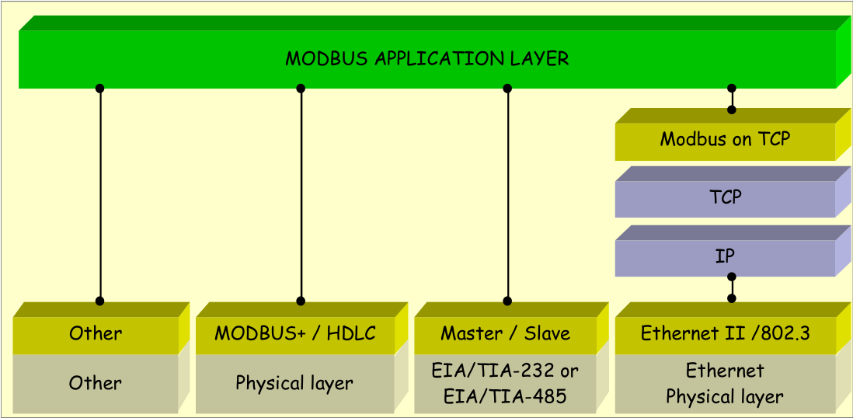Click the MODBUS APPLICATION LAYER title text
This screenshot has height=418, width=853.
point(426,59)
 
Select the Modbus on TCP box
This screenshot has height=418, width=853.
point(725,140)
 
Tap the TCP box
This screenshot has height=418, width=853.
point(725,197)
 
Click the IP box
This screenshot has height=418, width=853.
point(725,256)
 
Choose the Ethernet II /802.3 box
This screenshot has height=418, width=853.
point(725,334)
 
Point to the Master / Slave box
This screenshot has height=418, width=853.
point(505,334)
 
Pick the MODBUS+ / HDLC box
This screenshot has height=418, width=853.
point(294,334)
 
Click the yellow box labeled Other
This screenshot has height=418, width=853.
point(96,334)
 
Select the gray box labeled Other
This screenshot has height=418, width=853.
point(96,383)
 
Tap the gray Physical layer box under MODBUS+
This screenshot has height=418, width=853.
point(294,383)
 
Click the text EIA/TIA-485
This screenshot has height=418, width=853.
point(505,396)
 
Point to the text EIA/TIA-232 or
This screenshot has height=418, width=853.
point(505,370)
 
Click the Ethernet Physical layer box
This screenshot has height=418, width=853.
point(725,384)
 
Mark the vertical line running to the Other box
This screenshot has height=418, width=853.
point(100,194)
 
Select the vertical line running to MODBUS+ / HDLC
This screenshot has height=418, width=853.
point(301,194)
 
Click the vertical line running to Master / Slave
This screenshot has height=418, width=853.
point(508,194)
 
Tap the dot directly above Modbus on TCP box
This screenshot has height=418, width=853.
point(732,110)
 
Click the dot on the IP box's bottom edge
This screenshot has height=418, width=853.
point(732,276)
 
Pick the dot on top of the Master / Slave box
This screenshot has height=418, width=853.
point(508,301)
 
